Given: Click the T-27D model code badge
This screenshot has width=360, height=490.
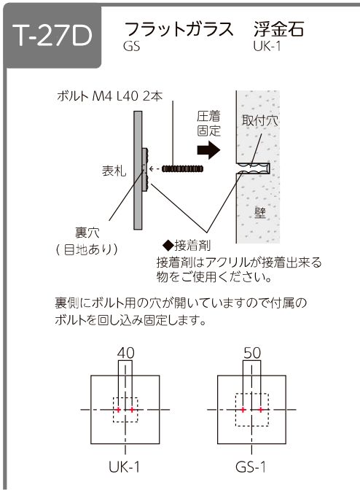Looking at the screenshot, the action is (x=52, y=36).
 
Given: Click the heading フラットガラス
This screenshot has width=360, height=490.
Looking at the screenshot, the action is (x=179, y=29).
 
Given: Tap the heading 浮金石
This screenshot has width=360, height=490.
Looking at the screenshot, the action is (x=279, y=29).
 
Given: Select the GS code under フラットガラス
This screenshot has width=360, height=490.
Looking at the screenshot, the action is (x=131, y=47).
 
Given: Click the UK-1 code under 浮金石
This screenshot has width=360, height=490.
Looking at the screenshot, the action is (x=267, y=47).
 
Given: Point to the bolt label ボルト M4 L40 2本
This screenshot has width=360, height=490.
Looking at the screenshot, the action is (x=109, y=96).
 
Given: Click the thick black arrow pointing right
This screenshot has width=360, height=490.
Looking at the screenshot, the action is (x=208, y=150).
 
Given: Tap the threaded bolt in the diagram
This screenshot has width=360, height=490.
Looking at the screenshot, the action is (x=182, y=169).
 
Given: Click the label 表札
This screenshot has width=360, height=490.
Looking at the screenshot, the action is (x=114, y=171).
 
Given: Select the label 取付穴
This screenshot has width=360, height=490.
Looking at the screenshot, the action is (x=259, y=120).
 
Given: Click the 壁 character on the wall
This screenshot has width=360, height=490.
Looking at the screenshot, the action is (x=259, y=212).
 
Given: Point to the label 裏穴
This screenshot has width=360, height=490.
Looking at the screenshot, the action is (x=87, y=233).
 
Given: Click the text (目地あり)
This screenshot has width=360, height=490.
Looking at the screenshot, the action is (x=87, y=249).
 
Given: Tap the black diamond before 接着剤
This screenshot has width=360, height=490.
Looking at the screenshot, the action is (x=168, y=245).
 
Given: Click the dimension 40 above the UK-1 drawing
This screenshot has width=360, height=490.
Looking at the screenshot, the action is (x=125, y=353).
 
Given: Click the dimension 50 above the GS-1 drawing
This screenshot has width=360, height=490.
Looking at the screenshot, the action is (x=252, y=353).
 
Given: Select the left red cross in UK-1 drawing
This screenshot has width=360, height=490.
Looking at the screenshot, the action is (x=118, y=410).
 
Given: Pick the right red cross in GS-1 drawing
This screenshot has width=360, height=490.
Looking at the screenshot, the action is (x=261, y=410).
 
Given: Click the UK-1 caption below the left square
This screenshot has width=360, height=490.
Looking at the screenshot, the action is (x=125, y=467).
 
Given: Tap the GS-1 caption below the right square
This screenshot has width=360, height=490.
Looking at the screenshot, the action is (x=251, y=467).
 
